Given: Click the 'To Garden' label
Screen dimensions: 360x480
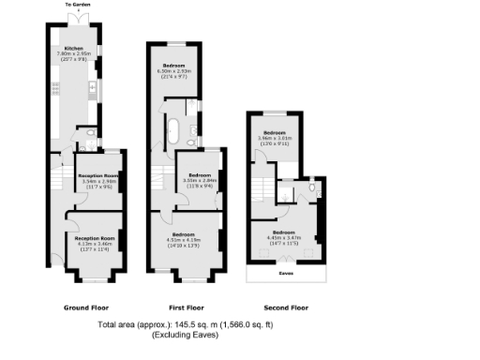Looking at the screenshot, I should coord(78,5).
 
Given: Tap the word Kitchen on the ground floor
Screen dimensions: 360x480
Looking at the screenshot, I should coord(74,48).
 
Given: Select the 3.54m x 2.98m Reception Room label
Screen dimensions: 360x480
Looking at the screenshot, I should coord(97,175).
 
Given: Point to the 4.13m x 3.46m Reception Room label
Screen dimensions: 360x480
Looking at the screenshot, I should coord(95,238).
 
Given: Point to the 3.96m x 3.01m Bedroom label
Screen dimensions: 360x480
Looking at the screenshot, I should coord(276,132).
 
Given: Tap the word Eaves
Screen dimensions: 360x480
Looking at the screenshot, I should coord(285,274).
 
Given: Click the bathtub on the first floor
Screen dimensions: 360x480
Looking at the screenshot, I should coord(175,129).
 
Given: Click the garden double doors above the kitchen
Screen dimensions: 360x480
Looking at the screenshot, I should coord(79,20).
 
